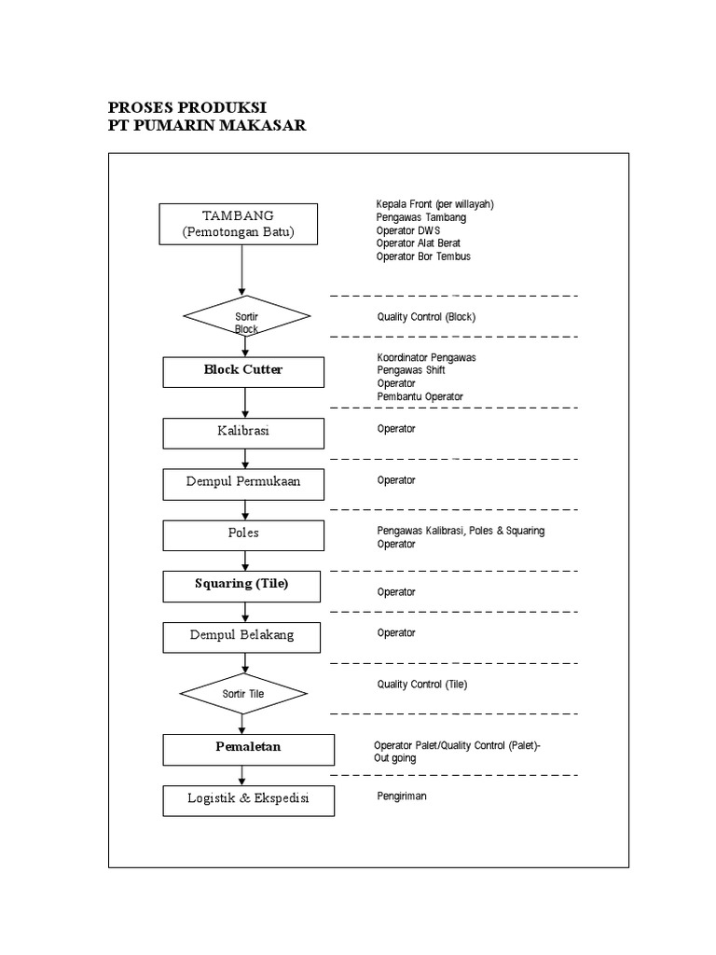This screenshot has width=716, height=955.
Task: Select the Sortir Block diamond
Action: point(246,316)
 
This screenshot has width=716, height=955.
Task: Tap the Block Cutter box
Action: point(243,370)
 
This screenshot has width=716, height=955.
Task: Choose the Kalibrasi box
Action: point(243,433)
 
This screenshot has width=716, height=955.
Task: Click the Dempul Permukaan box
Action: point(243,484)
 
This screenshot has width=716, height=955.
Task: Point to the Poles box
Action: point(243,534)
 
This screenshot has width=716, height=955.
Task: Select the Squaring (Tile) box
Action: point(241,585)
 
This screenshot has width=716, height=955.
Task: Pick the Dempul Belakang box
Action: point(241,636)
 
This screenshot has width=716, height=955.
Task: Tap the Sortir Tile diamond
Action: point(243,694)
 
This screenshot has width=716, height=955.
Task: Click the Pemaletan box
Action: point(248,748)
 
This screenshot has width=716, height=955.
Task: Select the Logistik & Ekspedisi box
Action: point(248,801)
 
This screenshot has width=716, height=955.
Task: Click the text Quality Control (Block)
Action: point(426,316)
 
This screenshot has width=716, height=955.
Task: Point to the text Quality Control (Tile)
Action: point(421,684)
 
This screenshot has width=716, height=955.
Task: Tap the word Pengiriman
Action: point(401,796)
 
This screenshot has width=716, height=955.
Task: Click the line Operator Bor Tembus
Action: point(423,256)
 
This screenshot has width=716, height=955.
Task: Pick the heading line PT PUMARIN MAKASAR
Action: point(207,126)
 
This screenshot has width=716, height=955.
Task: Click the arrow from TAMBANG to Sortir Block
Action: point(242,269)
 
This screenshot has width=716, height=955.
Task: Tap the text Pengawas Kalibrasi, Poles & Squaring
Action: point(461,531)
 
